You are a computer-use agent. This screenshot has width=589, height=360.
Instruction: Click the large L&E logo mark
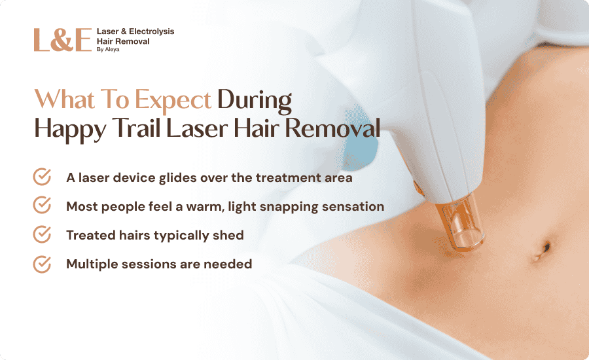[63, 40]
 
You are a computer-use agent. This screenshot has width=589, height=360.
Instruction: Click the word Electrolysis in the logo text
[151, 31]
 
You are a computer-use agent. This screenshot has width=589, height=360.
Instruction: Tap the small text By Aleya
[108, 50]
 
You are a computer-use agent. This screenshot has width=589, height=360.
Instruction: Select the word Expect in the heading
[173, 100]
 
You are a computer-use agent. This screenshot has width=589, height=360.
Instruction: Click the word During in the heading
[255, 100]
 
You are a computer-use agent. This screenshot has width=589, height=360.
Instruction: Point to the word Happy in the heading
[70, 129]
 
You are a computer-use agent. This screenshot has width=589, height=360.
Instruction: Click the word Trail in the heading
[136, 128]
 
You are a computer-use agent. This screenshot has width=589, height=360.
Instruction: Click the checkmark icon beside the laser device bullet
[42, 177]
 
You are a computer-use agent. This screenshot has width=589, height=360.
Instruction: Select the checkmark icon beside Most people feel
[42, 205]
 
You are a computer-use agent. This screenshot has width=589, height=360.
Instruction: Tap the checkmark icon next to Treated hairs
[42, 234]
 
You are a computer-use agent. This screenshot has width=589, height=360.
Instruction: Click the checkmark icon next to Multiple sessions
[42, 264]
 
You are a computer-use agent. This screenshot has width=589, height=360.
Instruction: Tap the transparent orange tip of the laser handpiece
[460, 224]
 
